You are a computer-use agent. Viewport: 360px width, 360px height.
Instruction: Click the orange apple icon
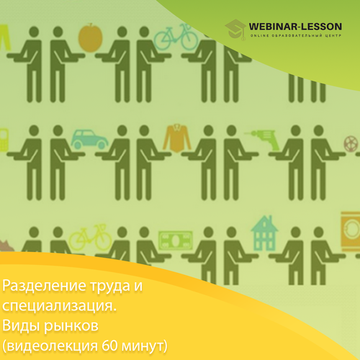tap(91, 38)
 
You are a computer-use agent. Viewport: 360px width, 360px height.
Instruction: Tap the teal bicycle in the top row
tap(176, 37)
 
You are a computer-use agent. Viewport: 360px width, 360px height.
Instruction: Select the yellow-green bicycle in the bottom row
tap(91, 238)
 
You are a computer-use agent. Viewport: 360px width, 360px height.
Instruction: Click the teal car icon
tap(89, 139)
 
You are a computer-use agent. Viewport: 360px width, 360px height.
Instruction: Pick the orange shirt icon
tap(177, 138)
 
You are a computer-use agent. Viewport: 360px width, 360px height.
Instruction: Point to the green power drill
tap(263, 140)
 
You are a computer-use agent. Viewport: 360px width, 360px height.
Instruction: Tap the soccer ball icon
tap(351, 144)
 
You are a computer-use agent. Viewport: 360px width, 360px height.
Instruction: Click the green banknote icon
tap(176, 240)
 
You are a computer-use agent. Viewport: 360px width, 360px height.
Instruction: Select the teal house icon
tap(264, 233)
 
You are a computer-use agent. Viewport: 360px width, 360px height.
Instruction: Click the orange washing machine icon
tap(351, 231)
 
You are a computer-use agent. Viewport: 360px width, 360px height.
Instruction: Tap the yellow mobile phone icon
tap(4, 140)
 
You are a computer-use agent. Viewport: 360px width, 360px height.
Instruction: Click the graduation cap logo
tap(235, 30)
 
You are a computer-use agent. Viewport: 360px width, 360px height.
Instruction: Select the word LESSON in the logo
tap(322, 27)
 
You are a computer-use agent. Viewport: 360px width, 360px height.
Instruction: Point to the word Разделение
tap(44, 286)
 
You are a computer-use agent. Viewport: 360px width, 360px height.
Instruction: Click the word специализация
tap(59, 307)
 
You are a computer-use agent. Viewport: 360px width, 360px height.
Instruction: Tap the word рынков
tap(71, 326)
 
